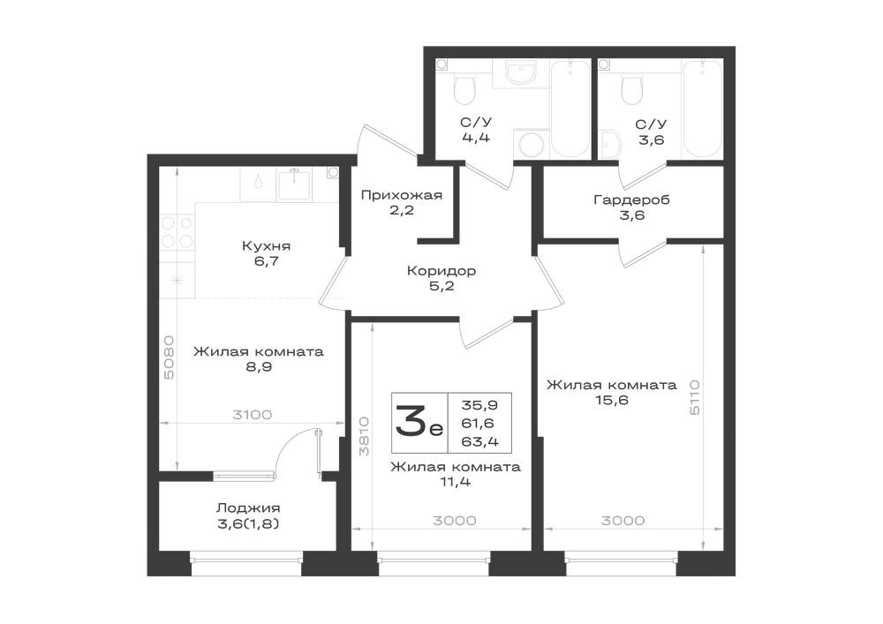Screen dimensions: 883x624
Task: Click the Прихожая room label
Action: click(x=401, y=196)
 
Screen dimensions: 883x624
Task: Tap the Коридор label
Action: click(x=441, y=271)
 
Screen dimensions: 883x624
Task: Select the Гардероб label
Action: click(x=631, y=199)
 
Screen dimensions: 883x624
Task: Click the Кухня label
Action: click(x=267, y=246)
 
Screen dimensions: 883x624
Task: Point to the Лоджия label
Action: click(x=248, y=508)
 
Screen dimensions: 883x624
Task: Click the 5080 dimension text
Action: click(x=170, y=357)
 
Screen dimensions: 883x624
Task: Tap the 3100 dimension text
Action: click(x=253, y=415)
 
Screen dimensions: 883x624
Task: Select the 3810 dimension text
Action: click(x=365, y=436)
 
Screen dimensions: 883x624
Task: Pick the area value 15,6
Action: click(x=612, y=400)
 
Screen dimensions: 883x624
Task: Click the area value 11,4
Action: click(x=457, y=482)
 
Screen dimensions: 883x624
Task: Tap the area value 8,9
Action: click(x=258, y=367)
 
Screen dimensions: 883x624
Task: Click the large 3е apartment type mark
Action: click(x=419, y=423)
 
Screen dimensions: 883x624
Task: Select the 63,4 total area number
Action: click(x=479, y=441)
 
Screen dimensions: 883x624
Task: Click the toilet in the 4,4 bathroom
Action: click(x=464, y=86)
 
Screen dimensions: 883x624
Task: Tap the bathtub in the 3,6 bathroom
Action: click(x=702, y=109)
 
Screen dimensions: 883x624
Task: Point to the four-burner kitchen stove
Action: click(x=177, y=232)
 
